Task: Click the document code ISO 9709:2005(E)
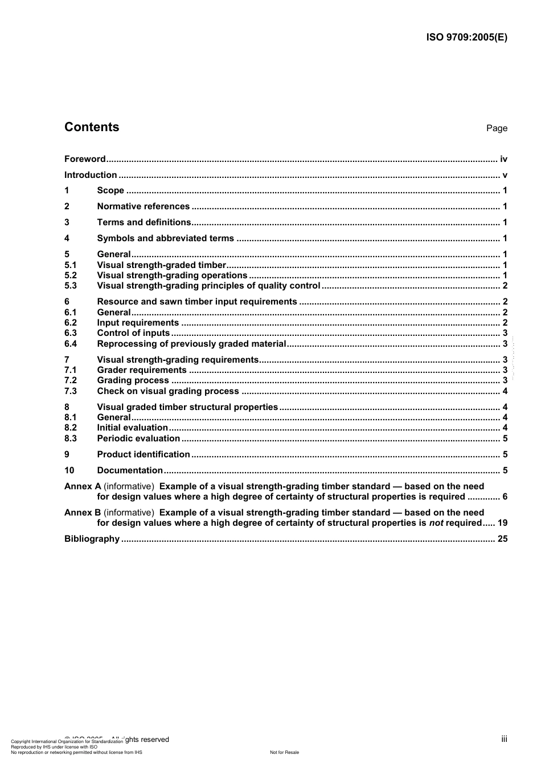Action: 466,38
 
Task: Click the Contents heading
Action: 92,127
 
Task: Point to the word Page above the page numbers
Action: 497,128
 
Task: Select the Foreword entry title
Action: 85,159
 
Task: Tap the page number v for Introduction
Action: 505,175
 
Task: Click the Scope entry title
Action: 110,190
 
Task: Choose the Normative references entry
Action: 143,206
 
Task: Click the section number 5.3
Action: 71,286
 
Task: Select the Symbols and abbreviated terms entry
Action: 165,238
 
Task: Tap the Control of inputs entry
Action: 133,333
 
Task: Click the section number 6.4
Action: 71,344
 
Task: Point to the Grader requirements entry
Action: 141,370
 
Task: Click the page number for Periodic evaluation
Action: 505,439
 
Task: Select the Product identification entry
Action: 144,454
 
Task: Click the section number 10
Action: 69,470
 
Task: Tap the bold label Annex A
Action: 83,486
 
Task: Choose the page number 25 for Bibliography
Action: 502,539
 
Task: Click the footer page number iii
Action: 504,739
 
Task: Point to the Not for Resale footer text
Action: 284,752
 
